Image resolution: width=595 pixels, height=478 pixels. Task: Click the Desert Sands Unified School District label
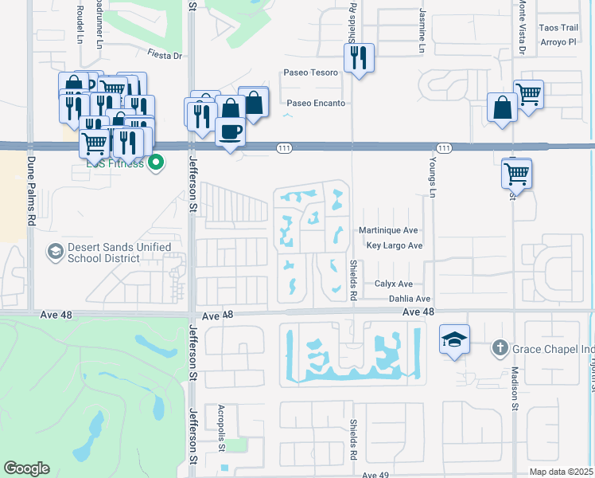click(x=120, y=253)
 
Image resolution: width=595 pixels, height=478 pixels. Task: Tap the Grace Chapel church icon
click(x=500, y=347)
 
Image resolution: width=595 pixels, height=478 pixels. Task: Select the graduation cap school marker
click(x=454, y=340)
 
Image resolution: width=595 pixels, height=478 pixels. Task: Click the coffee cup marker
click(x=230, y=131)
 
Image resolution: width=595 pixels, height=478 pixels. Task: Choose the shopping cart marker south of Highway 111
click(x=517, y=172)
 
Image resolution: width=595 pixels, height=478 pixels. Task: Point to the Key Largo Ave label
click(x=394, y=246)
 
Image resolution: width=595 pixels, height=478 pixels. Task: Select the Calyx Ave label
click(x=393, y=284)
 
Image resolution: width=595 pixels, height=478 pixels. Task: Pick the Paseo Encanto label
click(x=316, y=103)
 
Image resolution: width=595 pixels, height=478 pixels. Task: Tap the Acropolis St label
click(x=220, y=429)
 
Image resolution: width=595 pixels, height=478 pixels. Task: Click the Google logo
click(x=26, y=468)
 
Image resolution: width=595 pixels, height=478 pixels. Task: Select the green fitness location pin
click(x=157, y=163)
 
